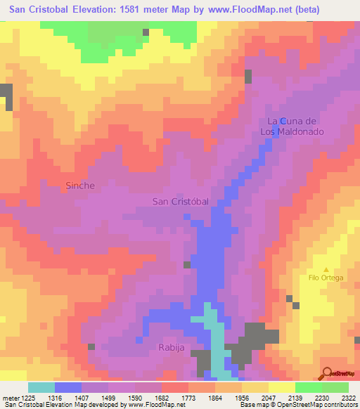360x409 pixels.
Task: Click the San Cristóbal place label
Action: tap(181, 201)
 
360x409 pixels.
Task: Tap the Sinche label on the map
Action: tap(79, 186)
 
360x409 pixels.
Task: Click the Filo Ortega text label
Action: tap(326, 278)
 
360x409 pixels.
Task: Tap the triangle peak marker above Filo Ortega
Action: tap(326, 269)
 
